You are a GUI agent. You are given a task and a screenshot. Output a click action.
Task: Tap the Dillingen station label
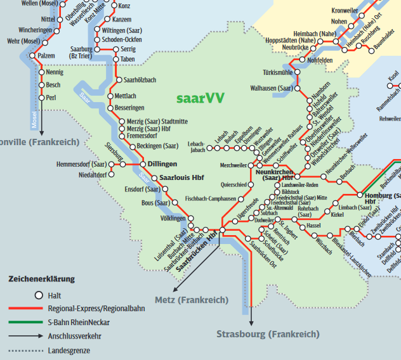coord(162,164)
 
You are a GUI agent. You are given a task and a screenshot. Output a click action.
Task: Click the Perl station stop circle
coord(43,98)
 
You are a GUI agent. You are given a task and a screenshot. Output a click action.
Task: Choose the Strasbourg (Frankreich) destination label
coord(267,334)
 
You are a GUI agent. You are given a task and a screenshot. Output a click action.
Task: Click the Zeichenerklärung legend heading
coord(41,279)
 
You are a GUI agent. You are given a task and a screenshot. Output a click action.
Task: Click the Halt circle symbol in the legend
coord(38,295)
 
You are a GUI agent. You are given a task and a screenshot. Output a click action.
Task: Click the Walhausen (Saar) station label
coord(272,88)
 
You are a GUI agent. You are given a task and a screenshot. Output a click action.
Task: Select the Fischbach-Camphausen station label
coord(210,198)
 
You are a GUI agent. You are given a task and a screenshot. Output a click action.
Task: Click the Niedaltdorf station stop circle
coord(112,175)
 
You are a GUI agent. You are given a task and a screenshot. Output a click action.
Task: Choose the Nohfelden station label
coord(320,60)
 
